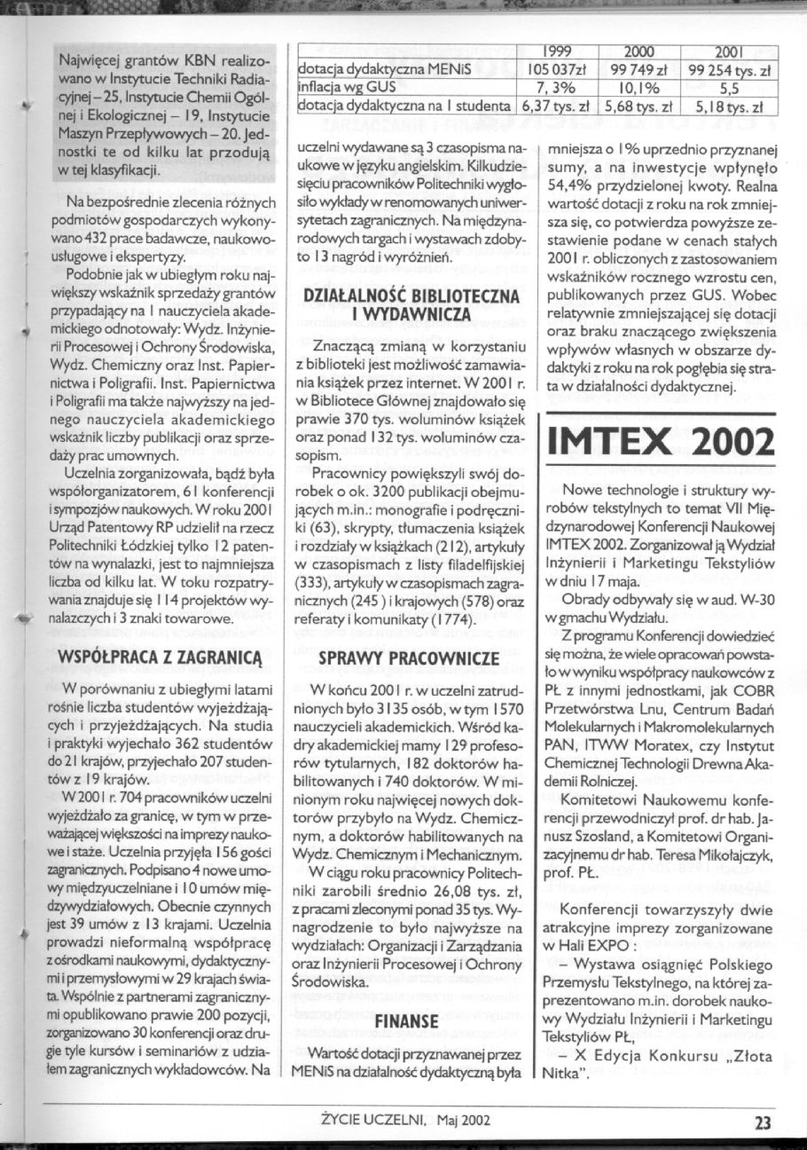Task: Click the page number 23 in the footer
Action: click(763, 1122)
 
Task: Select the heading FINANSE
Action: click(407, 1022)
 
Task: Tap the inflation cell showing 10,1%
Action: click(639, 89)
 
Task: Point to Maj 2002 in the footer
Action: click(461, 1122)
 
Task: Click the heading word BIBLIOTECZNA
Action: click(444, 298)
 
